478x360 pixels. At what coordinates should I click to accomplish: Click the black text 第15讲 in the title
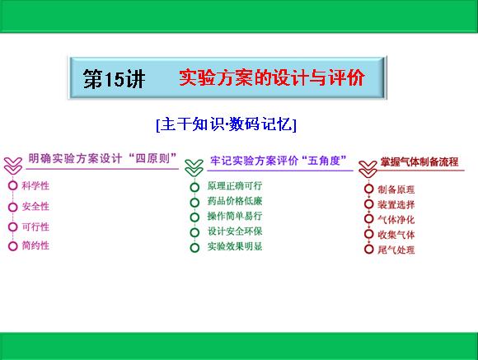tap(114, 78)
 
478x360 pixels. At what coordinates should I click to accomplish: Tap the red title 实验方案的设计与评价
tap(272, 77)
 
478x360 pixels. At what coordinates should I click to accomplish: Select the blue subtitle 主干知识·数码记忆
tap(226, 124)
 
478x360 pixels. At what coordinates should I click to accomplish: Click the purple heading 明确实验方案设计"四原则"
tap(103, 158)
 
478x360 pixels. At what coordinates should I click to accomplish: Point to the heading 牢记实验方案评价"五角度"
tap(279, 161)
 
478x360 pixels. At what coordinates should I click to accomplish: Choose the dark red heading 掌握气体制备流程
tap(419, 161)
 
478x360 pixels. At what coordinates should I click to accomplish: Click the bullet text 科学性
tap(35, 185)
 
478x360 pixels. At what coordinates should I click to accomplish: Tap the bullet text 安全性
tap(35, 207)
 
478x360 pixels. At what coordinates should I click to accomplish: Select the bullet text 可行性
tap(35, 227)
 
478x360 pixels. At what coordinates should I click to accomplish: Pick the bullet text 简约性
tap(35, 245)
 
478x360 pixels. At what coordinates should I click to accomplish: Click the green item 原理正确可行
tap(235, 185)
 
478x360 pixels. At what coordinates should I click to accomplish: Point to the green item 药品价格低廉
tap(235, 201)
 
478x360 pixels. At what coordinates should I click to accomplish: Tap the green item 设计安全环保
tap(235, 231)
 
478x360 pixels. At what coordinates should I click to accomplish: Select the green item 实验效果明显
tap(235, 246)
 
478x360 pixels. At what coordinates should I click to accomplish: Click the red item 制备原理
tap(396, 189)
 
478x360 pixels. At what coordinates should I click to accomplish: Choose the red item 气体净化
tap(396, 220)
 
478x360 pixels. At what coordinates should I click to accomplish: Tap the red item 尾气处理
tap(396, 250)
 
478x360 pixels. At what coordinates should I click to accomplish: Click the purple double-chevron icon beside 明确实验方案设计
tap(13, 166)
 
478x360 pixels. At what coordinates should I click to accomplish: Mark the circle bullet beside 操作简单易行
tap(194, 217)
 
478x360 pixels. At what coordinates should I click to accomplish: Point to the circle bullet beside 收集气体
tap(369, 234)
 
